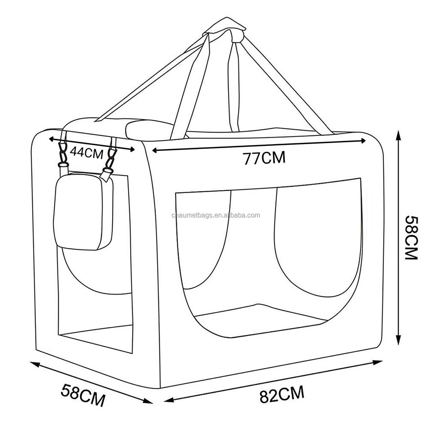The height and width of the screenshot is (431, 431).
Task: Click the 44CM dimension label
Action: click(87, 152)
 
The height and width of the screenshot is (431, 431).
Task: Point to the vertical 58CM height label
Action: click(412, 237)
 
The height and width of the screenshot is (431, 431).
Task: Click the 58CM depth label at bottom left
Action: click(83, 395)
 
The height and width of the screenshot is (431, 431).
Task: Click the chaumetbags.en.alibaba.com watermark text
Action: click(216, 215)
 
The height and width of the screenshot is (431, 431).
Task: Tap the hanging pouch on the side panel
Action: click(84, 211)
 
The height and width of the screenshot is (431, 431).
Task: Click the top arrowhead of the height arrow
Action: click(398, 135)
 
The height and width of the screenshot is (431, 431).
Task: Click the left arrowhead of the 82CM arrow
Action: click(169, 400)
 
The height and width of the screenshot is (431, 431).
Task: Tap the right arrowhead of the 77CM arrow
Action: click(363, 141)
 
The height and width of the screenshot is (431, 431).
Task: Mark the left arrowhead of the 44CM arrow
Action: click(51, 139)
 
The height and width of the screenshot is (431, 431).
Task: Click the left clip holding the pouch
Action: click(63, 155)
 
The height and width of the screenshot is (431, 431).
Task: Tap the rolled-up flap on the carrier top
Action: click(151, 129)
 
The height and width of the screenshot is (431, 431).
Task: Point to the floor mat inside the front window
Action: click(261, 320)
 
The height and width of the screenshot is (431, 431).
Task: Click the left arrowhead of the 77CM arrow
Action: click(155, 150)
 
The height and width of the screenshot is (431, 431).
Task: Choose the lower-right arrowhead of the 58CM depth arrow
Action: click(148, 401)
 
